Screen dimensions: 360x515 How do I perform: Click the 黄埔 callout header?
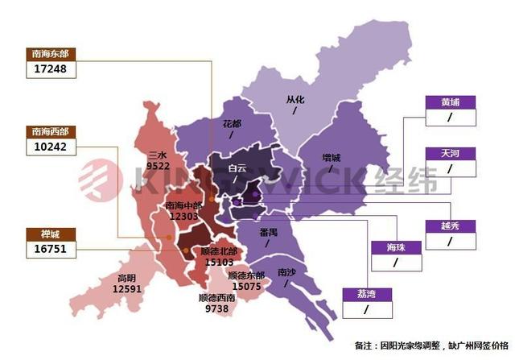pyautogui.click(x=451, y=102)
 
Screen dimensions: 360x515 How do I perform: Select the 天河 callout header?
pyautogui.click(x=451, y=153)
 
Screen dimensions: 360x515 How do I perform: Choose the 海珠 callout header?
pyautogui.click(x=395, y=247)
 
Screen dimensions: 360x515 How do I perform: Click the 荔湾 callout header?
pyautogui.click(x=367, y=294)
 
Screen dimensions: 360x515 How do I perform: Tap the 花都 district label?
pyautogui.click(x=233, y=124)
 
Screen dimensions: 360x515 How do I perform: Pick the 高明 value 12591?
pyautogui.click(x=127, y=288)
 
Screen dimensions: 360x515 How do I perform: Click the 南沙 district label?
pyautogui.click(x=286, y=272)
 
